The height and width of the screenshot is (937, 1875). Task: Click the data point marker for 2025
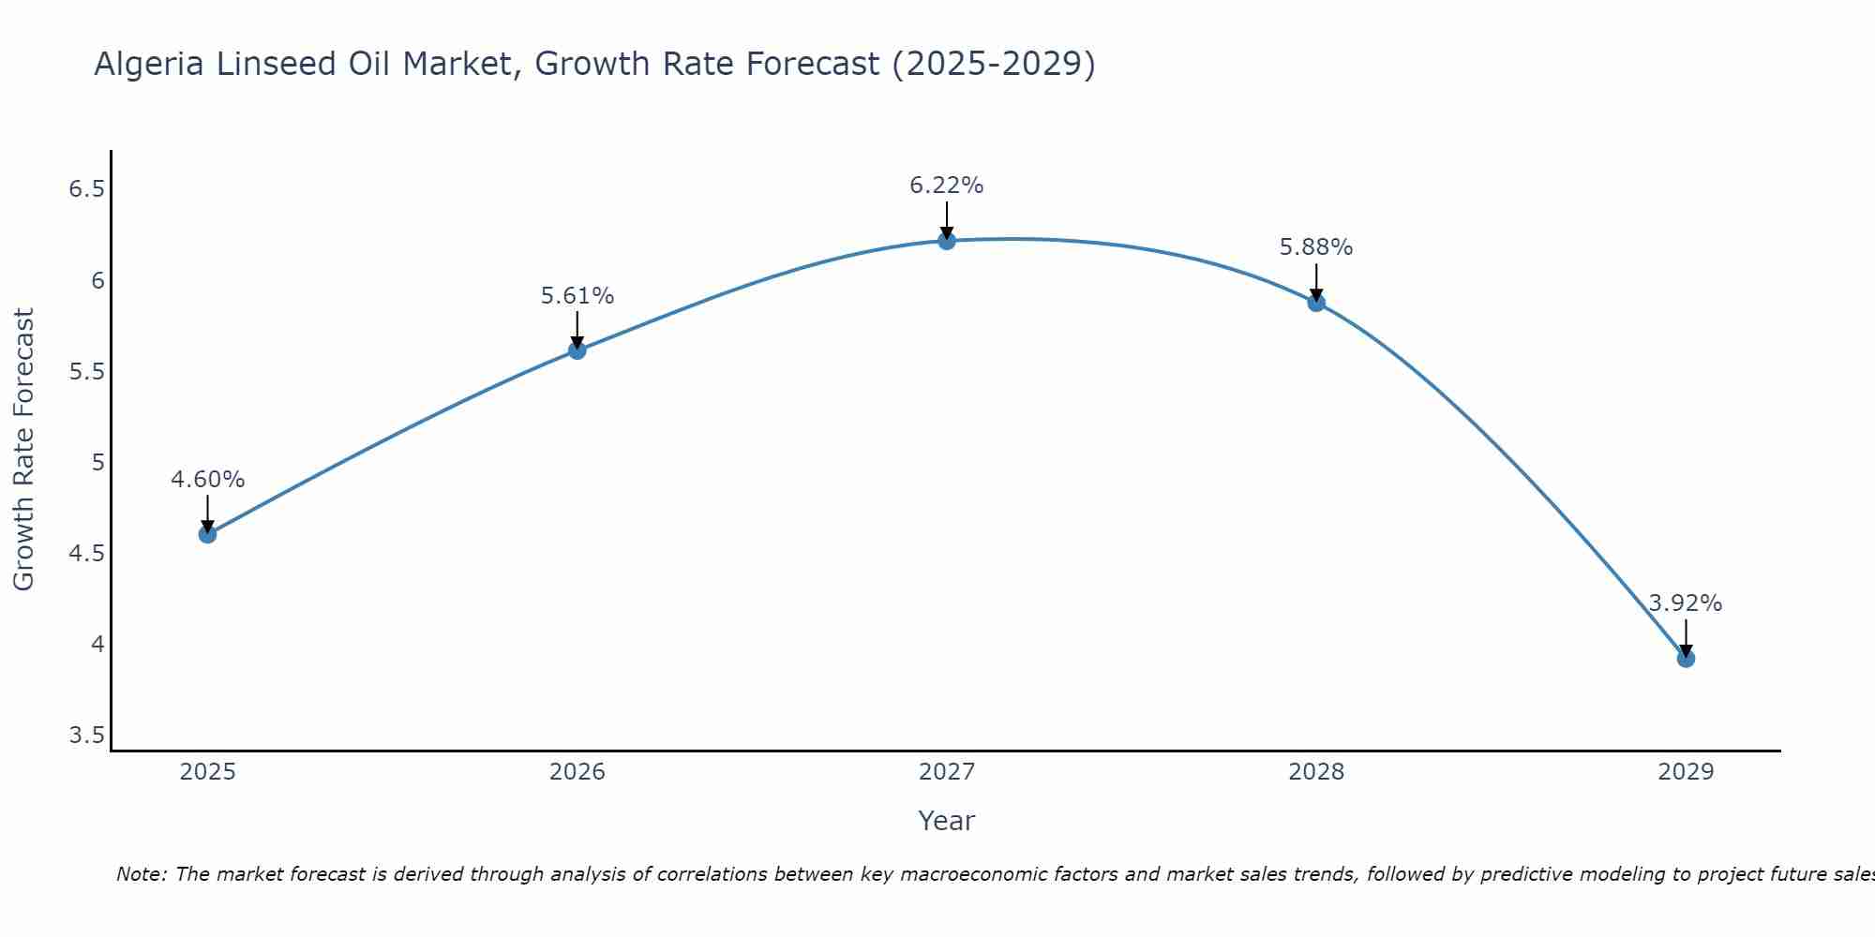tap(207, 534)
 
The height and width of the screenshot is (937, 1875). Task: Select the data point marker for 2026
tap(577, 350)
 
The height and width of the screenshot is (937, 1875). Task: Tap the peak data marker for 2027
tap(946, 241)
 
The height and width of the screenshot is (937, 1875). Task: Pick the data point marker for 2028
tap(1315, 303)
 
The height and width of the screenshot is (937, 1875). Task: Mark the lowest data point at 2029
tap(1685, 659)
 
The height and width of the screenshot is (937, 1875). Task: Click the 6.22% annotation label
tap(946, 186)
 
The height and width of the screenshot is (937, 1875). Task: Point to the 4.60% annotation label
tap(207, 480)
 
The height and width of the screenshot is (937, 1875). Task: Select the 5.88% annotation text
tap(1315, 247)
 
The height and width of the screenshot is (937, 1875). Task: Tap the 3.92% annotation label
tap(1685, 603)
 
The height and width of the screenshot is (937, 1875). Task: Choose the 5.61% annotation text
tap(577, 296)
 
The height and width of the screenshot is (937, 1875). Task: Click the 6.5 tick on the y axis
tap(86, 190)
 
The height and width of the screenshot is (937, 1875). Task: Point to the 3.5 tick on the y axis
tap(86, 736)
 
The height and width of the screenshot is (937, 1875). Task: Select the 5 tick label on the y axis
tap(97, 463)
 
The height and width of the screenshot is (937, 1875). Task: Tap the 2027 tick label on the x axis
tap(946, 772)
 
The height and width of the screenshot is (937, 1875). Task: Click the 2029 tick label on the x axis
tap(1685, 772)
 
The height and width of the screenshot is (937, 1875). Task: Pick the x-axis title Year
tap(946, 821)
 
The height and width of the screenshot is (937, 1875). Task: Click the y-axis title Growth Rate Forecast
tap(23, 450)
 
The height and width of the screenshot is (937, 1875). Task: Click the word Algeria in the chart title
tap(149, 64)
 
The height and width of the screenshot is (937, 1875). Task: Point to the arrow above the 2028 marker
tap(1315, 281)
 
